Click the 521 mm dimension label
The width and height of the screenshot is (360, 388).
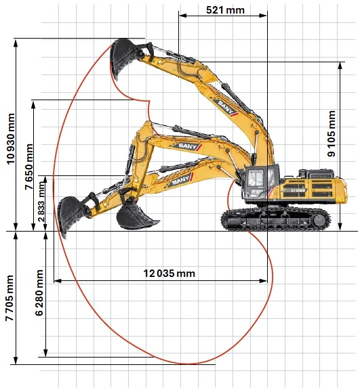click(225, 10)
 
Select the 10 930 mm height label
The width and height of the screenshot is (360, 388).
click(11, 139)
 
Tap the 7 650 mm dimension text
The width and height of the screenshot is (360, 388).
click(28, 167)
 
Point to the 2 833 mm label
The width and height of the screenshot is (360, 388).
click(41, 202)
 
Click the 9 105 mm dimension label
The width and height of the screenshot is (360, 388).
click(332, 133)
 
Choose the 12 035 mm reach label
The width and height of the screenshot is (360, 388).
click(169, 273)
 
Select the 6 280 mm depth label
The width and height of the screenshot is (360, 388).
click(39, 293)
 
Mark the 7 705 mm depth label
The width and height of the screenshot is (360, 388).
click(9, 298)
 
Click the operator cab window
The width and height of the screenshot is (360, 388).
click(256, 178)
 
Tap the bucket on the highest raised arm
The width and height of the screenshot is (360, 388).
click(123, 58)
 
